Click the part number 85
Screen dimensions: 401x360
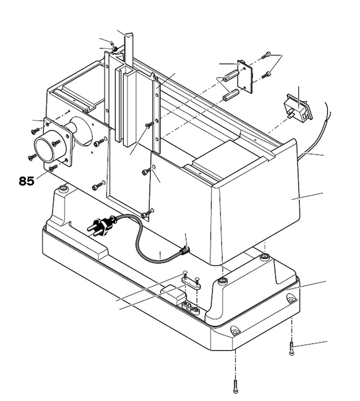click(27, 181)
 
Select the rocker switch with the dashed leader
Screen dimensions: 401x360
click(298, 108)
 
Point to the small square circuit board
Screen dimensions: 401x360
click(245, 76)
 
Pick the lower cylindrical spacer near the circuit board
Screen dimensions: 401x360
click(231, 95)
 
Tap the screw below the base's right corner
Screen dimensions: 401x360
click(292, 348)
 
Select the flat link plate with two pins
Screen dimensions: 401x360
click(191, 284)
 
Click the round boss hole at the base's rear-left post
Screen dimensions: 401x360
click(64, 188)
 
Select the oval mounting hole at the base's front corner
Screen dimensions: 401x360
click(235, 330)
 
